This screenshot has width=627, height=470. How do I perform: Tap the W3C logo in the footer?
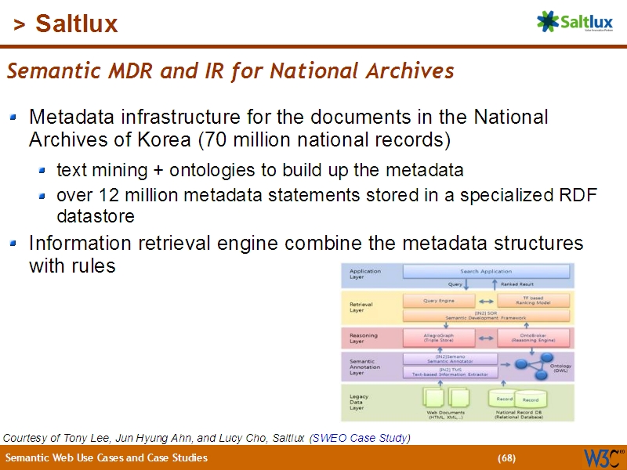pyautogui.click(x=602, y=457)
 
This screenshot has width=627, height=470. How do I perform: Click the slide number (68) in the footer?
pyautogui.click(x=506, y=458)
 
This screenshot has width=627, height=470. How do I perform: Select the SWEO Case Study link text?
pyautogui.click(x=360, y=438)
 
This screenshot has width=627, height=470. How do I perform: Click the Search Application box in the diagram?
pyautogui.click(x=486, y=271)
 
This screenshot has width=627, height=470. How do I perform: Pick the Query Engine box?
pyautogui.click(x=439, y=300)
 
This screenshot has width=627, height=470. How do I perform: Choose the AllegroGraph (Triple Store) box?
pyautogui.click(x=439, y=338)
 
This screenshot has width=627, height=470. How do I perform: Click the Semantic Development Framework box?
pyautogui.click(x=486, y=316)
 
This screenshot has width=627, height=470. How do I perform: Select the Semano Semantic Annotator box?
pyautogui.click(x=450, y=358)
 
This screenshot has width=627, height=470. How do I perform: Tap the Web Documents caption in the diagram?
pyautogui.click(x=445, y=414)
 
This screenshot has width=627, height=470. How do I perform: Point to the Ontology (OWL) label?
pyautogui.click(x=560, y=368)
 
